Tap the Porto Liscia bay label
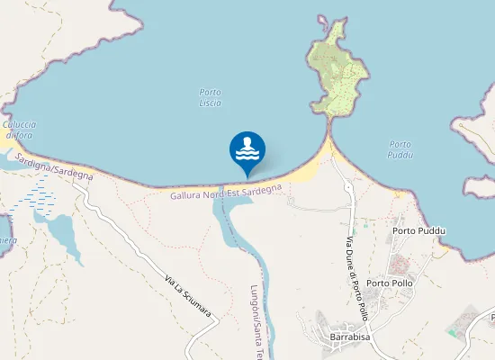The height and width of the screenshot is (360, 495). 210,97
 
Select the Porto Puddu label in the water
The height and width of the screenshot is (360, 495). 400,149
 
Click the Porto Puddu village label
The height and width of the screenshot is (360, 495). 418,230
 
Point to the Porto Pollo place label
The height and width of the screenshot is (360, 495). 389,283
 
